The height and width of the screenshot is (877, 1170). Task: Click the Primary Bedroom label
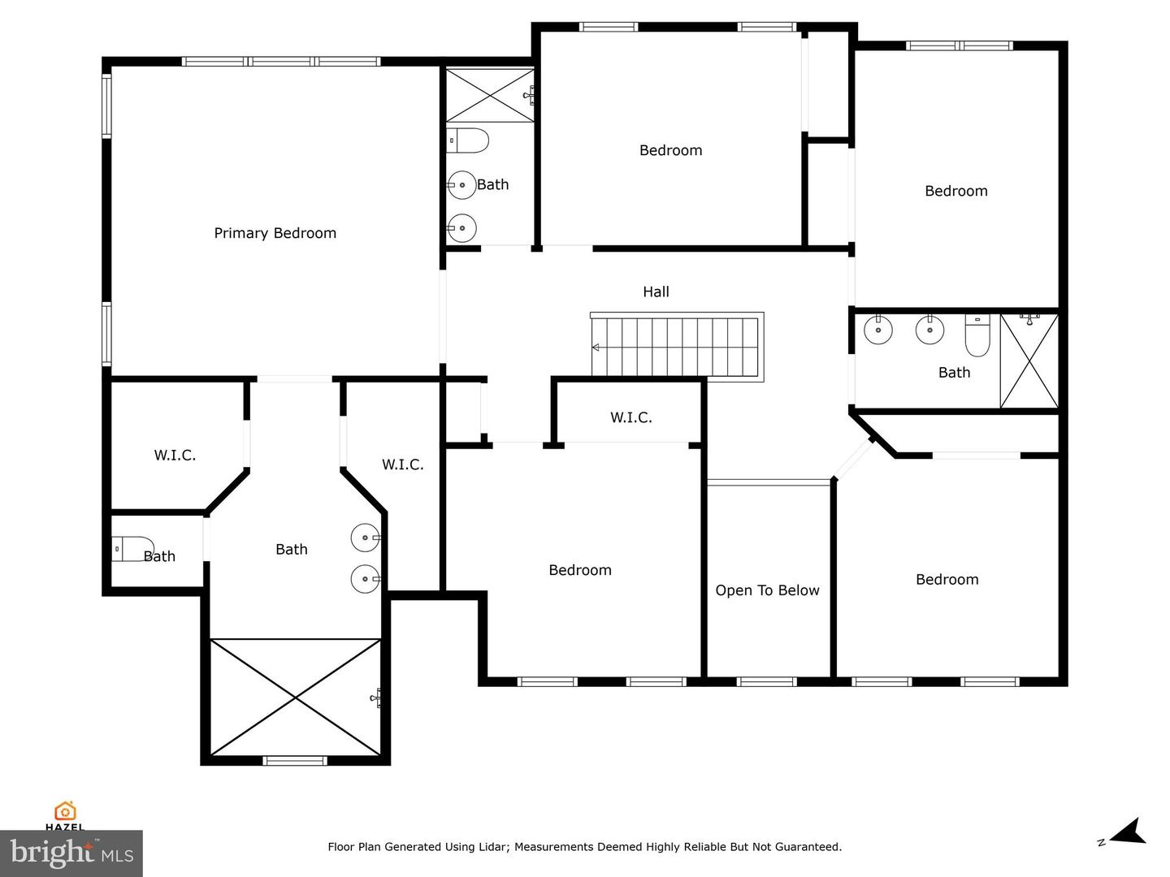(275, 233)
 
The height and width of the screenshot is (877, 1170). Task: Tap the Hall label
(656, 292)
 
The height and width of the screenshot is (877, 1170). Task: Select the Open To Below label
(767, 590)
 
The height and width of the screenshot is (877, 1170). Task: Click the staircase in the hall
(676, 347)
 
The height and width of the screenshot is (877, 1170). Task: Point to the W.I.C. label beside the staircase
(630, 417)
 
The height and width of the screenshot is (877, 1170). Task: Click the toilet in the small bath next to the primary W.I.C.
(133, 549)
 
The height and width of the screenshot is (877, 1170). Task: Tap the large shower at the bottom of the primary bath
(296, 697)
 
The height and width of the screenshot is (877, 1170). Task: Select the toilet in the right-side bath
(977, 335)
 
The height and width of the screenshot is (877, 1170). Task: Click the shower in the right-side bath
(1029, 361)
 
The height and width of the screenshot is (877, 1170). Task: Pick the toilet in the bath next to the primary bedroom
(468, 140)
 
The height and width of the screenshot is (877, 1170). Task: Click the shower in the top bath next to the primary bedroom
(489, 95)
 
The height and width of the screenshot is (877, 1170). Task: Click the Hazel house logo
(65, 811)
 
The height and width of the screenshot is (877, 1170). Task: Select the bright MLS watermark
(71, 853)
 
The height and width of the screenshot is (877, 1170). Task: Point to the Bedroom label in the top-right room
(955, 191)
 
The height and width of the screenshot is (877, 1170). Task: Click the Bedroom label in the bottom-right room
(947, 579)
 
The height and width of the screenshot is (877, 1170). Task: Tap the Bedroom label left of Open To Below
(579, 570)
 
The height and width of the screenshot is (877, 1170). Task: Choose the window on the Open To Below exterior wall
(767, 681)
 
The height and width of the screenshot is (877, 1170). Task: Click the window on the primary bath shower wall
(295, 761)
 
